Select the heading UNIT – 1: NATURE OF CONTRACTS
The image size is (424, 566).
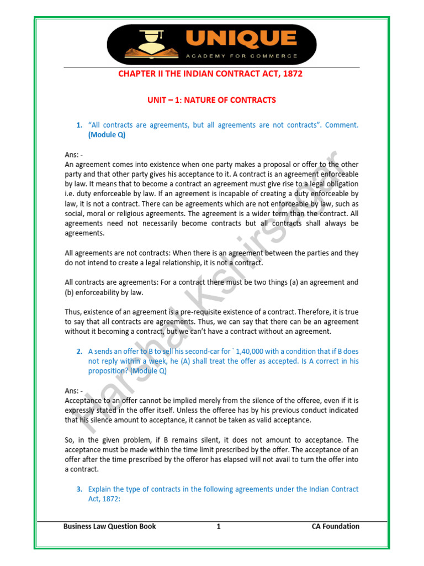pos(211,100)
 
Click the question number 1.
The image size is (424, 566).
pos(79,125)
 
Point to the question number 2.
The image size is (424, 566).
pos(79,351)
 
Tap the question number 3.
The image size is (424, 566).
pos(79,489)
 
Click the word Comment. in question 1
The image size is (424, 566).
pos(342,125)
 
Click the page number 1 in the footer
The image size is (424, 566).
pos(219,526)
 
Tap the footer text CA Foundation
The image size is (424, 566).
pos(335,526)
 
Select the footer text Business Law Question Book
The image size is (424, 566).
pos(110,526)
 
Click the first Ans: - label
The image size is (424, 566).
pos(74,155)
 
